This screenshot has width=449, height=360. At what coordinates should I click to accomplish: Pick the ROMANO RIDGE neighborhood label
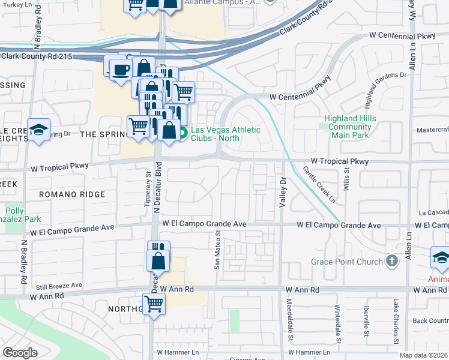tap(71, 194)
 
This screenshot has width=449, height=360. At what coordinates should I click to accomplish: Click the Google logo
tap(20, 352)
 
